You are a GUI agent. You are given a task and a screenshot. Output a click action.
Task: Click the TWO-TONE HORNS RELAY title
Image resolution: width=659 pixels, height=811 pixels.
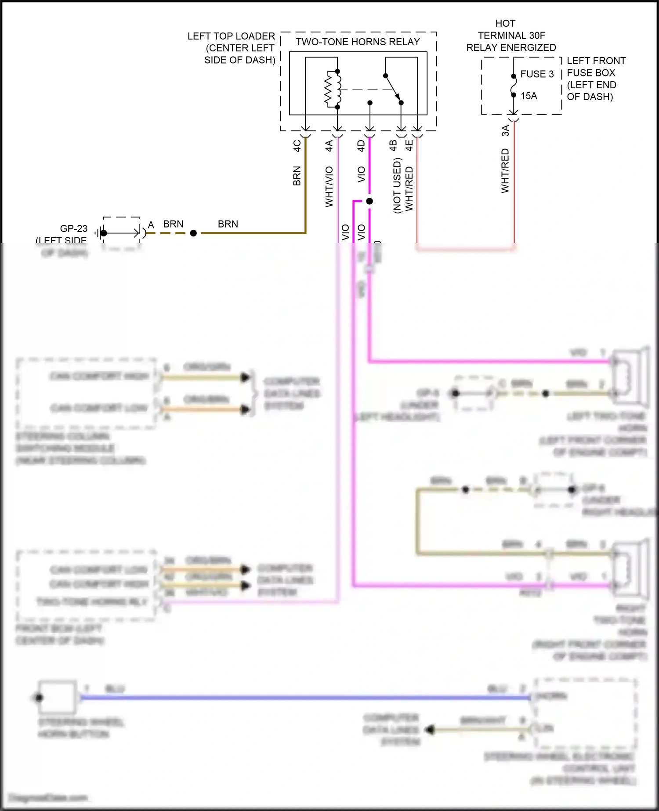(358, 42)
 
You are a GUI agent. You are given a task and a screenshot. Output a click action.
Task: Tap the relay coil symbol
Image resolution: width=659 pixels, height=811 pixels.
(333, 89)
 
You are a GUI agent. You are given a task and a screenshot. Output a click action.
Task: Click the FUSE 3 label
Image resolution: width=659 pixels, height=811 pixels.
(537, 74)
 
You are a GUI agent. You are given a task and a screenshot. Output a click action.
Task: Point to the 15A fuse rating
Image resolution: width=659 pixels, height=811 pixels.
(529, 96)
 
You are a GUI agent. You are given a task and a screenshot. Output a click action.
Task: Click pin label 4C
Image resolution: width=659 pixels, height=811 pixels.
(297, 145)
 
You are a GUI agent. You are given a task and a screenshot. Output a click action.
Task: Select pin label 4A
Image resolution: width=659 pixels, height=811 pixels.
(329, 145)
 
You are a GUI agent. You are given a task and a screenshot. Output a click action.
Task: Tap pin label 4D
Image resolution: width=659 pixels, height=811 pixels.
(361, 145)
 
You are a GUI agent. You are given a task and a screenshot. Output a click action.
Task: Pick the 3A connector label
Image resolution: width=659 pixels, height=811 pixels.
(505, 130)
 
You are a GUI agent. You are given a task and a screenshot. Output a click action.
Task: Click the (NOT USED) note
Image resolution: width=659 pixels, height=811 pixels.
(397, 186)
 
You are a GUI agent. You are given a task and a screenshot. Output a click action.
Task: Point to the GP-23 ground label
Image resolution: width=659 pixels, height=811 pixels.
(73, 228)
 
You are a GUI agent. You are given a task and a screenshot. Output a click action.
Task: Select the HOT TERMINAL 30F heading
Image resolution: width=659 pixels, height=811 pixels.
(511, 35)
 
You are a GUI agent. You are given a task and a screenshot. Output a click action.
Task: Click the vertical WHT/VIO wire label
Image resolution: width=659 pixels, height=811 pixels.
(329, 187)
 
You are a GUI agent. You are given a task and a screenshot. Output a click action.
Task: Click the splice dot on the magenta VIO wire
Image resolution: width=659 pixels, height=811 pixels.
(369, 201)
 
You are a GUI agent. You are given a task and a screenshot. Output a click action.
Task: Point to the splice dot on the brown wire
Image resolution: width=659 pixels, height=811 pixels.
(193, 233)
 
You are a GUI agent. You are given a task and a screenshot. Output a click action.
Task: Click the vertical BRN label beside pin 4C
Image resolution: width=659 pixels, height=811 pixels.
(297, 176)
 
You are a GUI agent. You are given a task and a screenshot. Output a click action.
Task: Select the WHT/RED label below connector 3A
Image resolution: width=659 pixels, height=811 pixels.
(505, 171)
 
